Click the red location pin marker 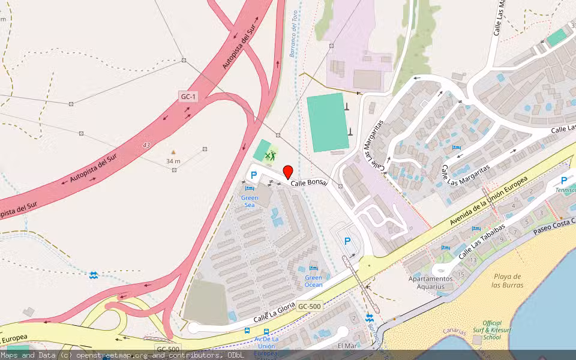pos(287,172)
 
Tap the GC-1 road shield pos(188,96)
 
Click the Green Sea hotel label pos(249,201)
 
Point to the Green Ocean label pos(313,281)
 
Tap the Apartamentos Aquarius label pos(430,283)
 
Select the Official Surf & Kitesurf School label pos(492,330)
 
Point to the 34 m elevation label pos(173,161)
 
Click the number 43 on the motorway pos(146,145)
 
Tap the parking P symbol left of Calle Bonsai pos(254,175)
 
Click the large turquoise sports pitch pos(328,122)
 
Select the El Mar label pos(347,346)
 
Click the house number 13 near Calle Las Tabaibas pos(473,259)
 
